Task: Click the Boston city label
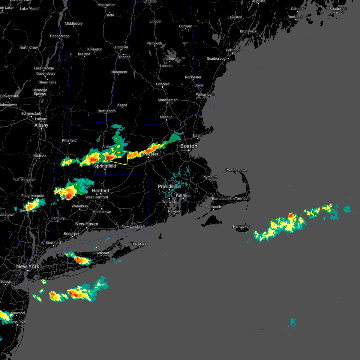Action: pos(189,146)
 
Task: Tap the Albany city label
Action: pos(41,125)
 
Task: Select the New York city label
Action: pos(28,266)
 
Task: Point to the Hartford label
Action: pos(100,191)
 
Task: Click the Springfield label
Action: pos(105,166)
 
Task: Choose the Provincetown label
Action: pos(236,170)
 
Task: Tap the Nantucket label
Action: pos(241,227)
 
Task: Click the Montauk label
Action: pos(140,244)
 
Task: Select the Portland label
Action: pos(232,50)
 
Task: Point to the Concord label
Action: pos(163,84)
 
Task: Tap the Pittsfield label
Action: pos(69,140)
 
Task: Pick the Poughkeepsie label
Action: pos(32,196)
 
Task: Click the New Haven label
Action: pos(87,224)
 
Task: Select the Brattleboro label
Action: pos(106,111)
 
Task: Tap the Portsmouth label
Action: pos(205,94)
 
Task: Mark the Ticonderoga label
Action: pos(59,36)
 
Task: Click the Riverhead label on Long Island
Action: pos(101,253)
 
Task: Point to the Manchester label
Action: pos(167,100)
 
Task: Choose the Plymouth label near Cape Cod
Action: pos(210,177)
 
